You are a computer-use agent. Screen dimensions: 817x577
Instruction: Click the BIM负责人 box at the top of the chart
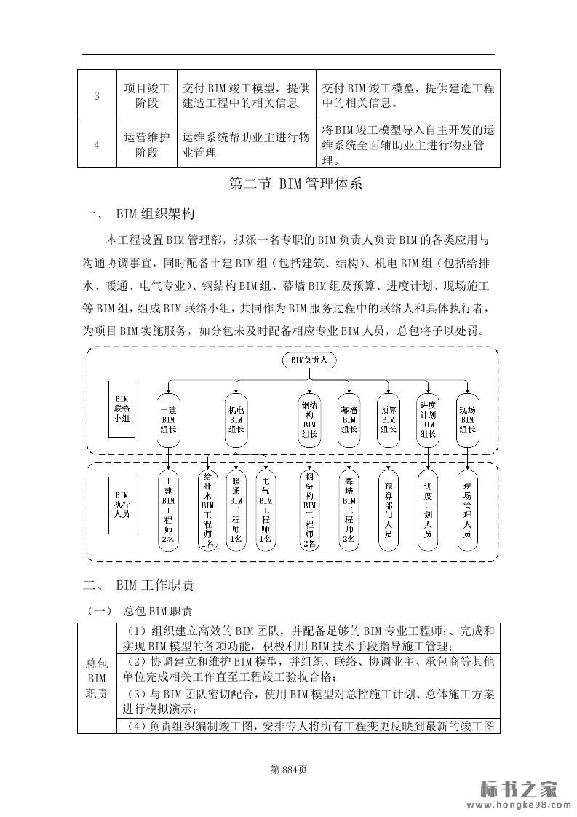(309, 360)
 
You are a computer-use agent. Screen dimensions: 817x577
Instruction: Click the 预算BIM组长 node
(388, 419)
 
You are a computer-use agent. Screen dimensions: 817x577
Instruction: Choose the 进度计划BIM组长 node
(428, 419)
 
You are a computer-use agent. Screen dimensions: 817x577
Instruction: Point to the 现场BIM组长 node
(467, 419)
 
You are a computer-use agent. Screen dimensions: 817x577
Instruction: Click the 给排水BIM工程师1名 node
(207, 510)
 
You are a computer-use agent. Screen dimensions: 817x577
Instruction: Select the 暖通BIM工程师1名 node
(236, 510)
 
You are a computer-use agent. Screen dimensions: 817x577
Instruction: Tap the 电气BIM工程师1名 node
(266, 510)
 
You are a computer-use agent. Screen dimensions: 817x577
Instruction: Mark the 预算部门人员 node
(388, 509)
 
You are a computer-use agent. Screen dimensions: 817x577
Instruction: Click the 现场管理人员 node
(467, 509)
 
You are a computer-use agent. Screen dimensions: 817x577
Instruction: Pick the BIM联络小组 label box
(122, 408)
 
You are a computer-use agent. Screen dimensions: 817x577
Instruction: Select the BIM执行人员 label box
(122, 503)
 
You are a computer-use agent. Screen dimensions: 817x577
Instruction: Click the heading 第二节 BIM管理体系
(295, 184)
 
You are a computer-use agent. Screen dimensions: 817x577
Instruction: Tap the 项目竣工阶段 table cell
(146, 95)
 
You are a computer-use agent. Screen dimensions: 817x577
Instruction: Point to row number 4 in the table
(97, 145)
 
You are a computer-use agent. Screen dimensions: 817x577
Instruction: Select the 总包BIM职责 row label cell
(97, 678)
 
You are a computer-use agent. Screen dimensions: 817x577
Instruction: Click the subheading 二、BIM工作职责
(138, 584)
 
